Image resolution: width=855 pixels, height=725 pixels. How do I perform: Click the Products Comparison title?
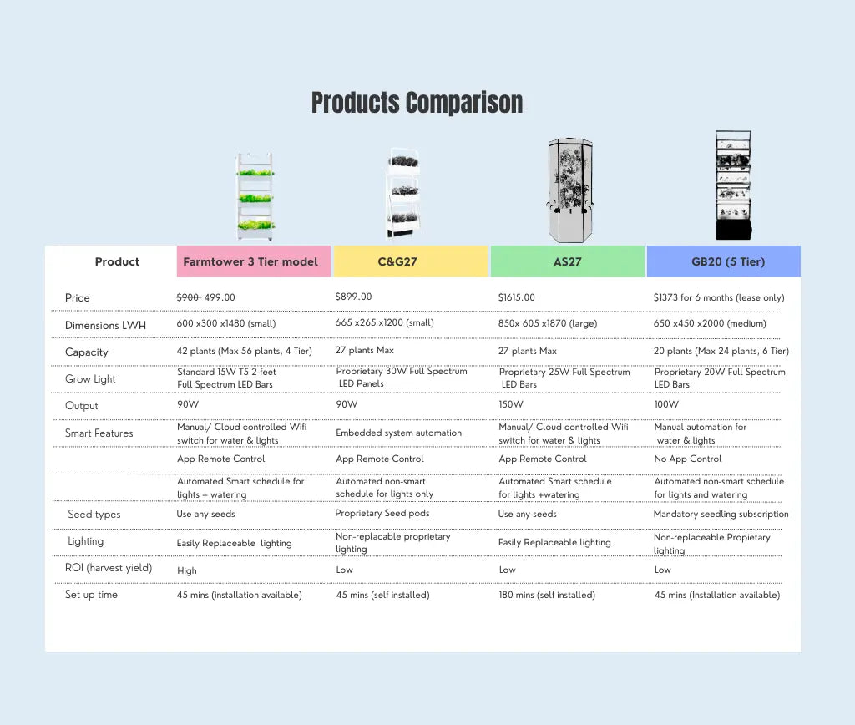[x=417, y=103]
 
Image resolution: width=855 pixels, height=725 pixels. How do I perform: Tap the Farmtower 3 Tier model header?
[x=250, y=261]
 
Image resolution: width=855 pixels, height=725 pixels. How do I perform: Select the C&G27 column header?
[x=397, y=261]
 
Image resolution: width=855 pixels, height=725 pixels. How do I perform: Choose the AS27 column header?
[x=568, y=261]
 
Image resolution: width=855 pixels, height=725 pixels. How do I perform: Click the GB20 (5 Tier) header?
[x=728, y=261]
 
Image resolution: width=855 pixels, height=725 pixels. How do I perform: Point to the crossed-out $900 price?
[x=188, y=297]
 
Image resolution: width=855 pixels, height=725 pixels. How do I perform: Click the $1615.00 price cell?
[x=516, y=297]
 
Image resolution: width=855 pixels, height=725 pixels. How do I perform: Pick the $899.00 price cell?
[x=353, y=297]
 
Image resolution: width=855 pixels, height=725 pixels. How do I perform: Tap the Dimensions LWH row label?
[x=105, y=325]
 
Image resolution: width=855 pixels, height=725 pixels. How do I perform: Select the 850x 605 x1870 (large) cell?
[x=548, y=323]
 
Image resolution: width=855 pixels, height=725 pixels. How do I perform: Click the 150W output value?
[x=511, y=404]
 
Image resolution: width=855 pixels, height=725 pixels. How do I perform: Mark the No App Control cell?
[x=688, y=459]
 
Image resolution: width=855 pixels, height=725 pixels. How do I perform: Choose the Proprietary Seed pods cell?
[x=382, y=514]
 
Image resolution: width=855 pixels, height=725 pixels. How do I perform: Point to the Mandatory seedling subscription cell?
[x=721, y=514]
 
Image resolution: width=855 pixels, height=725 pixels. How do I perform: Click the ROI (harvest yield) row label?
[x=109, y=568]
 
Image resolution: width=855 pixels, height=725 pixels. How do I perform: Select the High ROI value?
[x=186, y=570]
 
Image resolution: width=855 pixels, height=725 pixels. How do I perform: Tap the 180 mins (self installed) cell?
[x=547, y=596]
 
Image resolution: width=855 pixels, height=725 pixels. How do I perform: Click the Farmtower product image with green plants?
[x=255, y=196]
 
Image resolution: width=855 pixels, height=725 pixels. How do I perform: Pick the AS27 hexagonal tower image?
[x=569, y=190]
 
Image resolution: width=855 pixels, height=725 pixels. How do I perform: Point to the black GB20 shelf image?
[x=733, y=185]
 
